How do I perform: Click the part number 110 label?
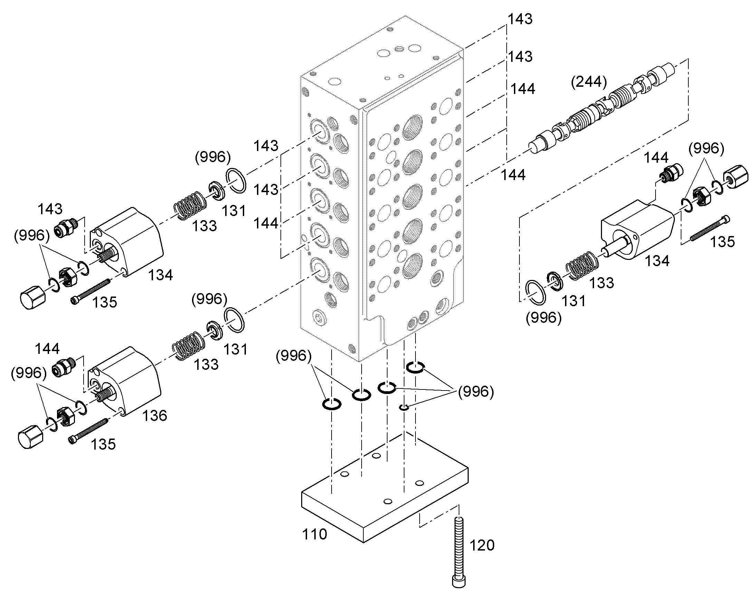(x=314, y=534)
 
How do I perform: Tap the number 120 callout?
(x=482, y=545)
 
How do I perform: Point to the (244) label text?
(x=589, y=82)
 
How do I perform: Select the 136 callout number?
(x=154, y=415)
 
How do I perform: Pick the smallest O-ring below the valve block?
(x=404, y=407)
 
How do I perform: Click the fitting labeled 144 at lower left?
(x=64, y=366)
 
